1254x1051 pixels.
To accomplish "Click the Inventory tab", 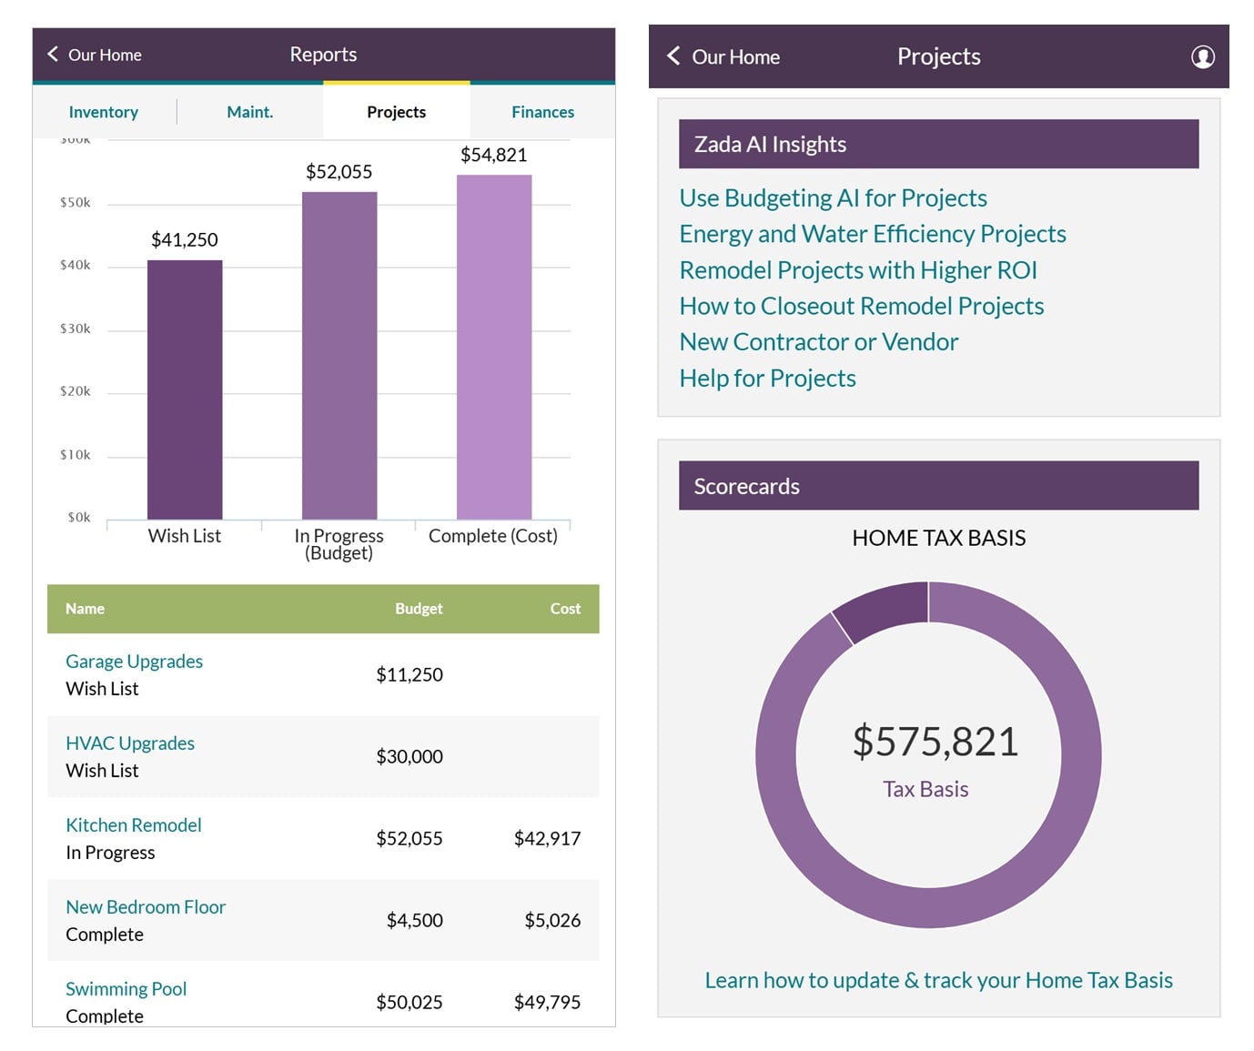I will pyautogui.click(x=104, y=112).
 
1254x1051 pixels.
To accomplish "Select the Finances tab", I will pyautogui.click(x=542, y=112).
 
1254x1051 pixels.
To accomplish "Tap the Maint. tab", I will pyautogui.click(x=249, y=112).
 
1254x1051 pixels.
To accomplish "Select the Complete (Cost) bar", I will pyautogui.click(x=494, y=346).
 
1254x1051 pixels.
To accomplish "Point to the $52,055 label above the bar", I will pyautogui.click(x=339, y=172).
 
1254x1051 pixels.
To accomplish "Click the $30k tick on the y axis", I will pyautogui.click(x=76, y=328).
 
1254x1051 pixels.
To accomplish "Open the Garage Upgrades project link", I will pyautogui.click(x=134, y=662).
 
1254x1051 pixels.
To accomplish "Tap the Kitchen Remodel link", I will pyautogui.click(x=134, y=825).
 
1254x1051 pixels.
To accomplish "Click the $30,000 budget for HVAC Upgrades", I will pyautogui.click(x=410, y=756).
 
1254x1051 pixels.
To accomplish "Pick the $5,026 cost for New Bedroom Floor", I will pyautogui.click(x=552, y=920).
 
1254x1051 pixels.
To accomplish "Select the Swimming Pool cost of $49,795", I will pyautogui.click(x=547, y=1002).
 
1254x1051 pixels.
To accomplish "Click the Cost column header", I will pyautogui.click(x=564, y=609).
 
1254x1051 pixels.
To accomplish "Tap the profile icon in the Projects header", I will pyautogui.click(x=1202, y=56).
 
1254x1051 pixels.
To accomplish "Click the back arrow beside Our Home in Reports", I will pyautogui.click(x=53, y=55).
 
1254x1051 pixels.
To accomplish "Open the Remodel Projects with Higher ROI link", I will pyautogui.click(x=858, y=270).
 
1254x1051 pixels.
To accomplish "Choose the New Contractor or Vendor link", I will pyautogui.click(x=819, y=342).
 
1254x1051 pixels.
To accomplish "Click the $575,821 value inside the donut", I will pyautogui.click(x=935, y=741).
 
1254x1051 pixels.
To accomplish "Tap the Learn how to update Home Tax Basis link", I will pyautogui.click(x=938, y=980).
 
